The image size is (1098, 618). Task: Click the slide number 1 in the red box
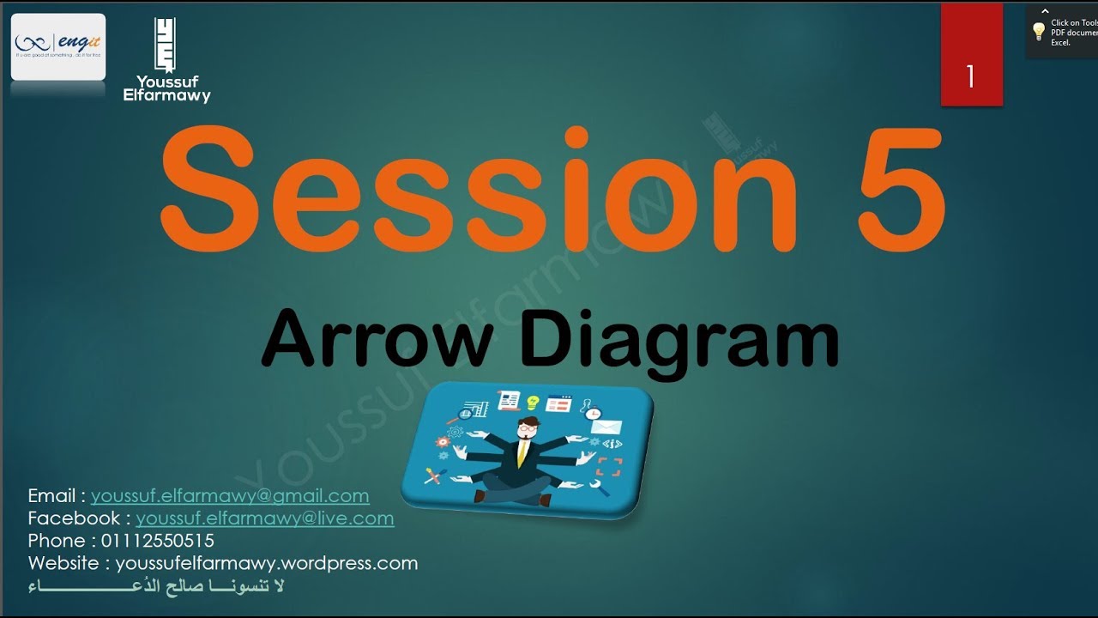970,77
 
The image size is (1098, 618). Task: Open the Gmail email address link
230,496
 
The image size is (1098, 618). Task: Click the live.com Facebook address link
264,518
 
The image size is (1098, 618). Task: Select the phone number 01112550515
158,541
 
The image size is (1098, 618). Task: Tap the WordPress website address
266,564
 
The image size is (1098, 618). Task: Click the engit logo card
58,46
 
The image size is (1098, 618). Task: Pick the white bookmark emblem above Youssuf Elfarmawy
165,45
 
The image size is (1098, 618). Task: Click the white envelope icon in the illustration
606,427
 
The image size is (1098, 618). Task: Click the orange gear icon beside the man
443,442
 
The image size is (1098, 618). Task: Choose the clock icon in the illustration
594,414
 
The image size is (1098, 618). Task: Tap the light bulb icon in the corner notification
1039,32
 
